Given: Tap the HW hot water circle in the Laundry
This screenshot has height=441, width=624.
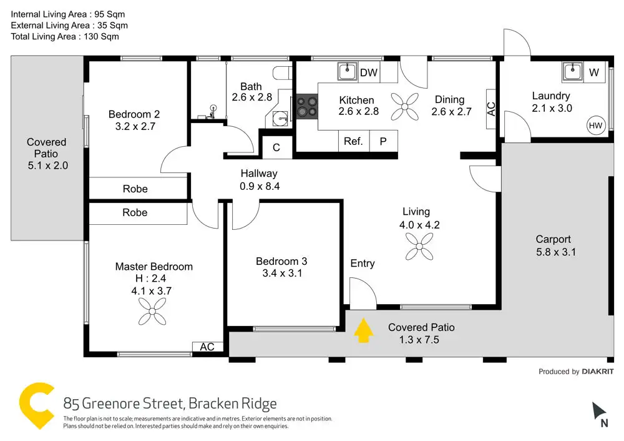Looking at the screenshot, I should click(x=596, y=126).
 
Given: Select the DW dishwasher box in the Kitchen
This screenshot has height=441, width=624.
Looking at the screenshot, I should click(x=369, y=72).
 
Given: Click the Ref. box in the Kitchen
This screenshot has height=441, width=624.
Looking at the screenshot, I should click(x=353, y=141).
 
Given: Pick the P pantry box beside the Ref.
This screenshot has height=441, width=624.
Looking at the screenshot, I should click(x=383, y=141).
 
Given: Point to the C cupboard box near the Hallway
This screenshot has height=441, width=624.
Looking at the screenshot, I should click(x=276, y=148).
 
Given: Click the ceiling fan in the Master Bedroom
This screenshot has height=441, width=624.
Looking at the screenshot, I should click(x=152, y=310).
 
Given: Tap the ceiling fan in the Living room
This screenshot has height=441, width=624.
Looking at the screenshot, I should click(x=419, y=246).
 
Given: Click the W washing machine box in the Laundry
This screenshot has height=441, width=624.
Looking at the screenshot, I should click(x=593, y=72).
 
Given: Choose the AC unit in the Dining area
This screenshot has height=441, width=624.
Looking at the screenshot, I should click(x=491, y=109).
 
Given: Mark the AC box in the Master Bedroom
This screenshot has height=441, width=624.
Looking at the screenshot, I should click(x=207, y=347).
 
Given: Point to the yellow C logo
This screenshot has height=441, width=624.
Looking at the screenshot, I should click(x=36, y=406).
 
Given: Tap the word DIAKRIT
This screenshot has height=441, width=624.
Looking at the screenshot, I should click(x=598, y=372).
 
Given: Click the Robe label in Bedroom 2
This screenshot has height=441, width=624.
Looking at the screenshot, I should click(x=135, y=189).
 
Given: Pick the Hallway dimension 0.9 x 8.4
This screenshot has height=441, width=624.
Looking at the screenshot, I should click(x=259, y=186).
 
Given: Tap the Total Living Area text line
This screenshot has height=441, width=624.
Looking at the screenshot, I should click(x=65, y=36).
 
